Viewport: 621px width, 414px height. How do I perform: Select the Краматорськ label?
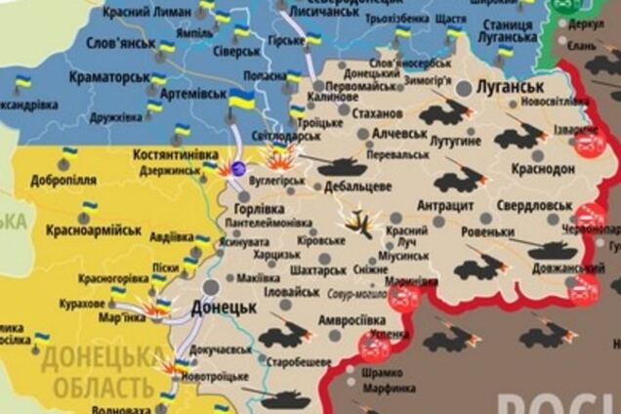(108, 76)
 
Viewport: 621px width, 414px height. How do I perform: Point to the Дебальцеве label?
(357, 186)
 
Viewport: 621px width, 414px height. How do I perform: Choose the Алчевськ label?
(394, 134)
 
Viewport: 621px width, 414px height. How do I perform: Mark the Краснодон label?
(543, 169)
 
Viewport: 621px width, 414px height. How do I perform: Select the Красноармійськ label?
(94, 230)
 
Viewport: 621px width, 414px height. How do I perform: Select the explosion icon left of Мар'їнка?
(154, 308)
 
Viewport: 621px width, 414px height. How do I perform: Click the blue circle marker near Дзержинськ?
(238, 169)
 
